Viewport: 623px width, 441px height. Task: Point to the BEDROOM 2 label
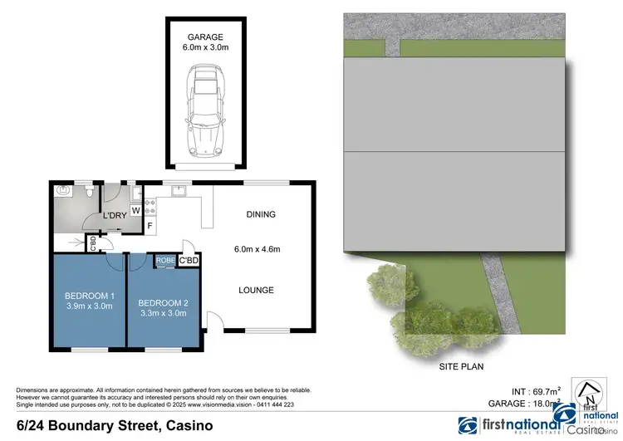(163, 302)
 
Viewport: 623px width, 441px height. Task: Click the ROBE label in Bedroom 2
(165, 261)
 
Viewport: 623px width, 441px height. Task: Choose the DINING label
(260, 214)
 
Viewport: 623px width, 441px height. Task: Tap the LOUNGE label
(256, 290)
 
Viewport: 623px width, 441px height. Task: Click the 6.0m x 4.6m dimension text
(258, 247)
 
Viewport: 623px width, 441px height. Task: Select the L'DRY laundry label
(114, 216)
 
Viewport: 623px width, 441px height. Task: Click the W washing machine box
(135, 211)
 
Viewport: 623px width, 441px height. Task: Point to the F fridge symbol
(150, 225)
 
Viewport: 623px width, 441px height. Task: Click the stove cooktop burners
(150, 206)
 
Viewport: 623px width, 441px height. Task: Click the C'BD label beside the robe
(190, 261)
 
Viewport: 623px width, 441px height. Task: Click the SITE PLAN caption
(461, 365)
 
